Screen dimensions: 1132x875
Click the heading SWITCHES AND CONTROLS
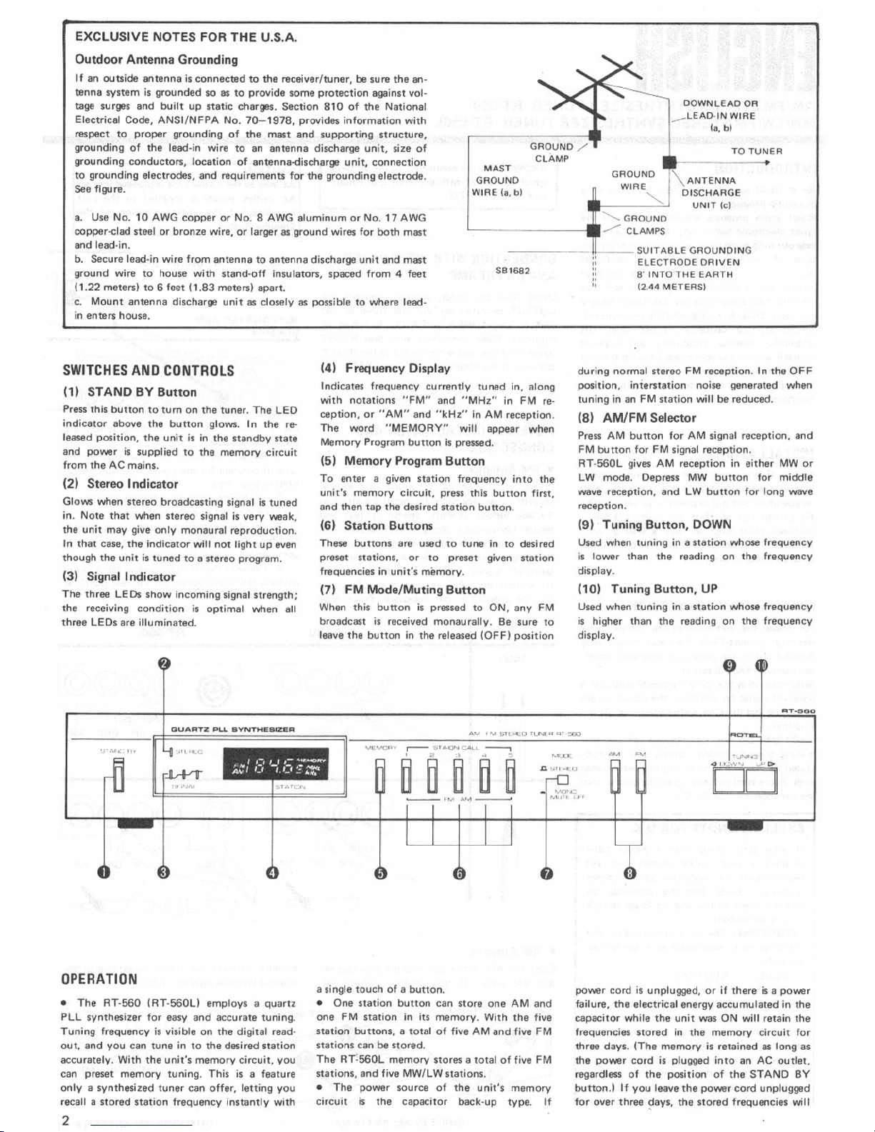pyautogui.click(x=149, y=370)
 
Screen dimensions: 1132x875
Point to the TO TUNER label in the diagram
pyautogui.click(x=756, y=151)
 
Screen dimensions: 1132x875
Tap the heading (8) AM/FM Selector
pyautogui.click(x=636, y=418)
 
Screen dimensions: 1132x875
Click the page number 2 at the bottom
pyautogui.click(x=65, y=1119)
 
